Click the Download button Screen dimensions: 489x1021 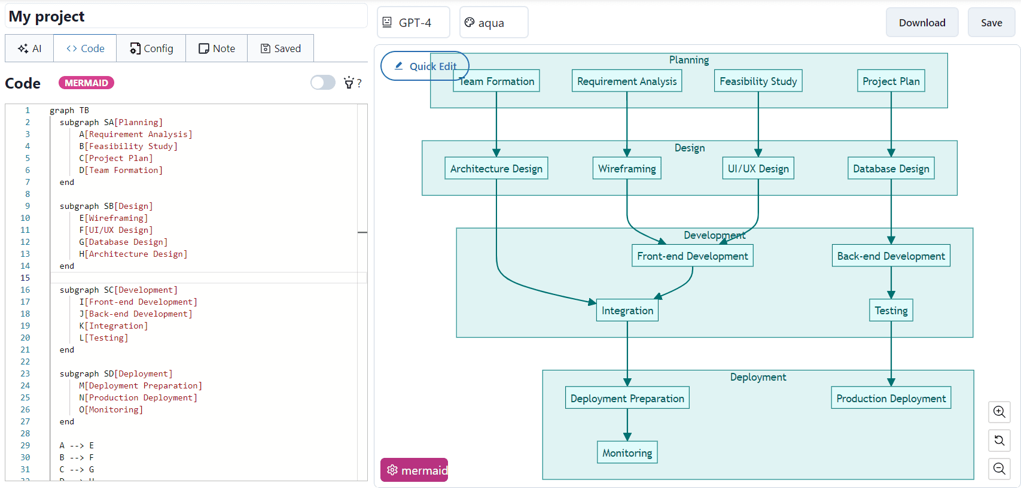[x=922, y=23]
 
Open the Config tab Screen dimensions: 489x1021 [x=151, y=48]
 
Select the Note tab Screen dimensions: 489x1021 [x=217, y=48]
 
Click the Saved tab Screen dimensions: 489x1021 [x=281, y=48]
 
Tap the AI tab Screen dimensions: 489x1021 [x=29, y=48]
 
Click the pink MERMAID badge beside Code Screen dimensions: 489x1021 [x=86, y=83]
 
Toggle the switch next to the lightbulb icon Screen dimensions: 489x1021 [x=323, y=83]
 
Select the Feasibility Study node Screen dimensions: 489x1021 [x=758, y=81]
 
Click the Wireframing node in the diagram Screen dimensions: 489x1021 [x=627, y=169]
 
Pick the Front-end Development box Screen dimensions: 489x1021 [x=692, y=256]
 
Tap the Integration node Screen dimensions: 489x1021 [x=627, y=311]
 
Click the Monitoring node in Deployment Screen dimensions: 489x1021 [x=627, y=453]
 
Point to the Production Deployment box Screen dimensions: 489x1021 [x=891, y=399]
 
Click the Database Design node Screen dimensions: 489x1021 [x=891, y=169]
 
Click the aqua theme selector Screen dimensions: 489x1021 [x=493, y=23]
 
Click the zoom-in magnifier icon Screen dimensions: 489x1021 [x=999, y=412]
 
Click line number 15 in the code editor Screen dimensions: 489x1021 [x=25, y=278]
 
